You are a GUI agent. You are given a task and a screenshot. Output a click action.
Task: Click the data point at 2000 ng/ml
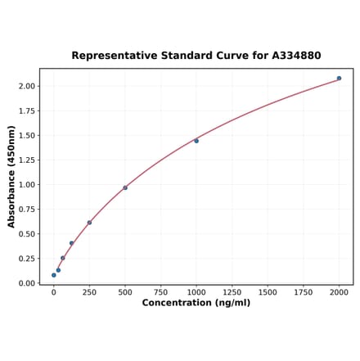pos(339,79)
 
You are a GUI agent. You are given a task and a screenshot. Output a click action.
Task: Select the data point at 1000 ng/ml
pos(196,141)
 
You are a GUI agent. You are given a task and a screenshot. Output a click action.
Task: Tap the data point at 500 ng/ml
pos(125,187)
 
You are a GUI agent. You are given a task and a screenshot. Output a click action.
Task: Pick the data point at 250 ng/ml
pos(89,223)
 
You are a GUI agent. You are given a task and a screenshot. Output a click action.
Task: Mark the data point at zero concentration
pos(54,275)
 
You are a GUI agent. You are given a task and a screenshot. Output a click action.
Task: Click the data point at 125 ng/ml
pos(71,243)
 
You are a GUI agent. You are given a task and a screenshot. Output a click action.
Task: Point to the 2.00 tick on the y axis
pos(25,86)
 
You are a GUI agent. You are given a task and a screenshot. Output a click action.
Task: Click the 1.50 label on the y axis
pos(25,135)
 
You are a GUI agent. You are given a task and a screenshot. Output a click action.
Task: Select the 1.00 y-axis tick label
pos(25,185)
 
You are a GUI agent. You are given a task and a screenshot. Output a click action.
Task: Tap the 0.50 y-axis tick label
pos(25,234)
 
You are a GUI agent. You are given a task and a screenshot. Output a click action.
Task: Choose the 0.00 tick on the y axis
pos(25,283)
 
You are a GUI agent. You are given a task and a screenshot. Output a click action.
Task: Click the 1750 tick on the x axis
pos(303,291)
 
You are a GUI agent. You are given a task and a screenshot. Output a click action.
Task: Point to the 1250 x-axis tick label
pos(232,291)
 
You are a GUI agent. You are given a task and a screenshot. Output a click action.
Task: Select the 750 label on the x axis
pos(160,291)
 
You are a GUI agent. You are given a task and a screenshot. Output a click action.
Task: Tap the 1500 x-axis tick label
pos(268,291)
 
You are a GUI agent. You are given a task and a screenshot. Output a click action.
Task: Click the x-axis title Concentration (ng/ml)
pos(196,303)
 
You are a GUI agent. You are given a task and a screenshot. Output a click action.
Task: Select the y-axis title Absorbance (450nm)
pos(11,177)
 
